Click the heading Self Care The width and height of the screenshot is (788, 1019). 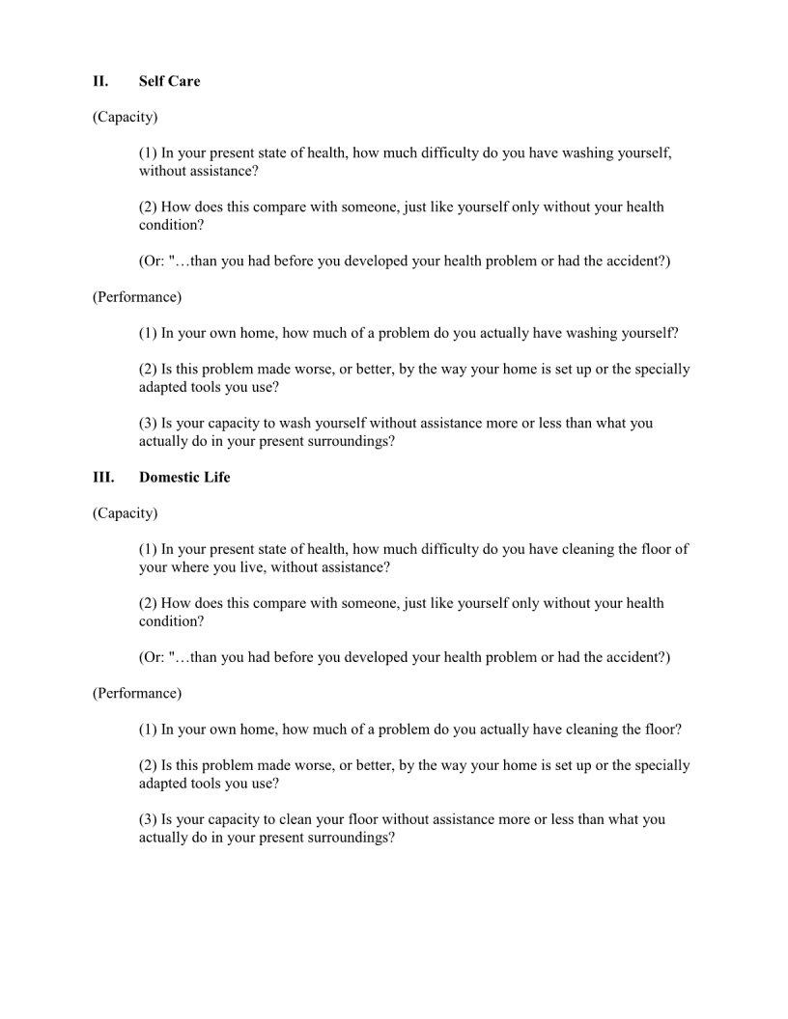tap(169, 81)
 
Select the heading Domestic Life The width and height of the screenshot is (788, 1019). tap(184, 478)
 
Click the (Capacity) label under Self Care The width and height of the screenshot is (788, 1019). tap(125, 117)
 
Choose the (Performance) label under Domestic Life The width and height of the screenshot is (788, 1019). tap(136, 693)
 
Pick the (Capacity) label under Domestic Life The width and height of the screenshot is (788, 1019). tap(125, 513)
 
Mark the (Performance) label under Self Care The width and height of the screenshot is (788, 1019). tap(136, 296)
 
